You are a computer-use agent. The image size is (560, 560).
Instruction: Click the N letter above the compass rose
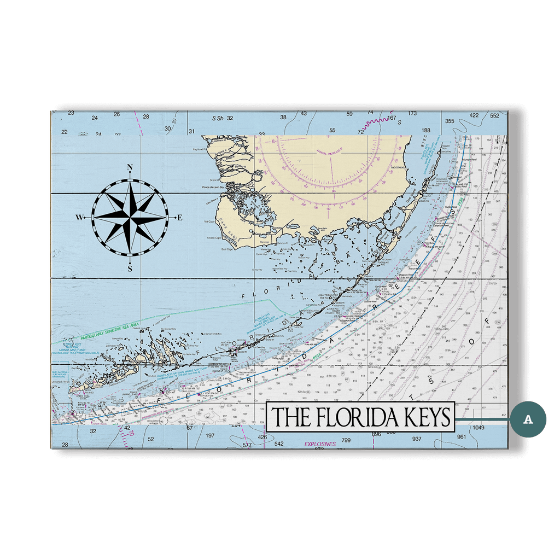(130, 168)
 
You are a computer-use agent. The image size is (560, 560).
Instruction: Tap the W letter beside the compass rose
(79, 218)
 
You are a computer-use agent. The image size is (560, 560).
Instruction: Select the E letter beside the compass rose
(179, 218)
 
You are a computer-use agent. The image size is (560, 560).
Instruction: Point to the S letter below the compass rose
(130, 268)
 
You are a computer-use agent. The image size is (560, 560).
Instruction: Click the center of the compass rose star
(130, 218)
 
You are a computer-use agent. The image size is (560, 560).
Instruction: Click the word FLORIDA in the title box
(357, 417)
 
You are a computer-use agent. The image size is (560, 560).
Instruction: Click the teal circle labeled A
(528, 419)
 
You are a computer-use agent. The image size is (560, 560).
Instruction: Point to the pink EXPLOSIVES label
(320, 444)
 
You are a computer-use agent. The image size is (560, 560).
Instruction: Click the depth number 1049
(481, 428)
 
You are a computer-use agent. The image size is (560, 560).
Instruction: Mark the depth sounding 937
(417, 439)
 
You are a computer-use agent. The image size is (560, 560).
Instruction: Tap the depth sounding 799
(346, 440)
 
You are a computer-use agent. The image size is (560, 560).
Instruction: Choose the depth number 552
(495, 115)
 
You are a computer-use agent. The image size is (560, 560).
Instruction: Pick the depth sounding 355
(450, 121)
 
